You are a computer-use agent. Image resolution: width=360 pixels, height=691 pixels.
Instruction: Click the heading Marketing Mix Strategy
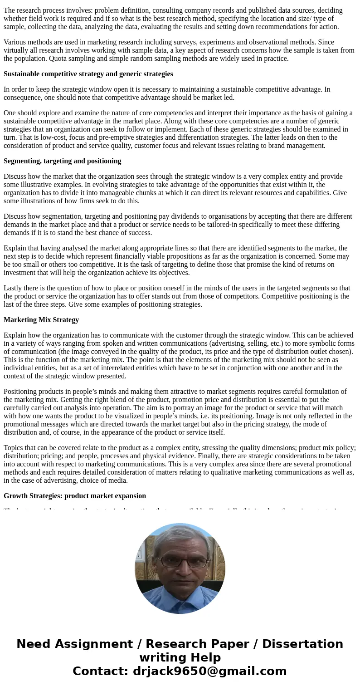click(41, 319)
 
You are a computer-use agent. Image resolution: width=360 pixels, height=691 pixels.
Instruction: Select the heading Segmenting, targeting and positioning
click(62, 161)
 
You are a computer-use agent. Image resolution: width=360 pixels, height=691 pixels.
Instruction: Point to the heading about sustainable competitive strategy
click(88, 74)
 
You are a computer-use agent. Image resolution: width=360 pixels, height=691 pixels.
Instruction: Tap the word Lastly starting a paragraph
click(14, 288)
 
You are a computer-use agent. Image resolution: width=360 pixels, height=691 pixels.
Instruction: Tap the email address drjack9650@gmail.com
click(209, 671)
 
